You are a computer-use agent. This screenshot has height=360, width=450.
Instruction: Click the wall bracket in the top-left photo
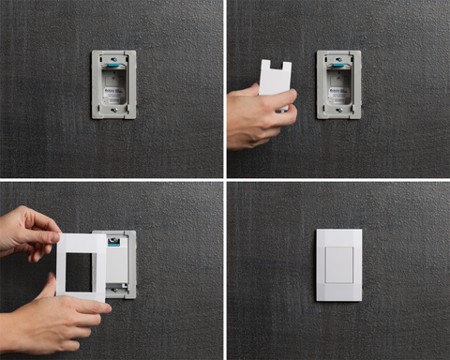96,84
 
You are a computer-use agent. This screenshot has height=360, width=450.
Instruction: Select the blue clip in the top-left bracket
112,67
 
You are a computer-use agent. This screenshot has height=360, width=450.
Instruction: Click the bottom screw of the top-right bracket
338,110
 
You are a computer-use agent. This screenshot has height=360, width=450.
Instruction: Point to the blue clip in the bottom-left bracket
113,239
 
